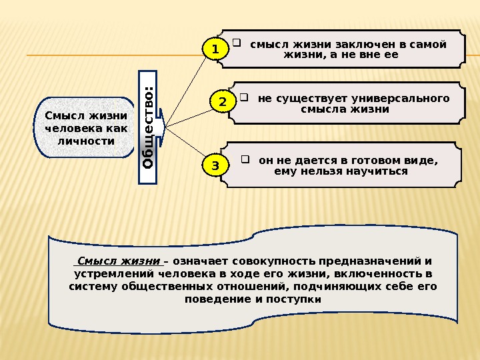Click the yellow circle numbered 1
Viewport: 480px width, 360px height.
coord(214,49)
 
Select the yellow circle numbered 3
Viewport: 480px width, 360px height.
coord(215,165)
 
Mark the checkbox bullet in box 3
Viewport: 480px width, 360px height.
coord(246,159)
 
